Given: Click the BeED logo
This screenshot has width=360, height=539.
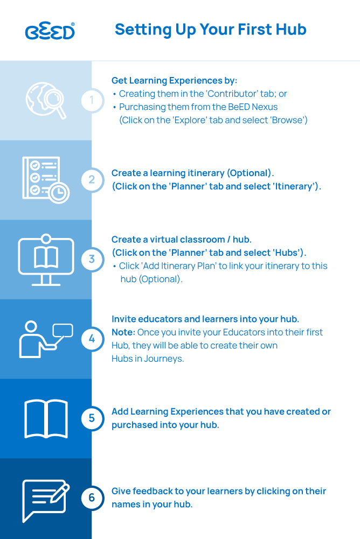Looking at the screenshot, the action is tap(50, 31).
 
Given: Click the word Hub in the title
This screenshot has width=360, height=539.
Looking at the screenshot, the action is tap(292, 30).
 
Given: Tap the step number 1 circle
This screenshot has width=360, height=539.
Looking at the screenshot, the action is tap(92, 100).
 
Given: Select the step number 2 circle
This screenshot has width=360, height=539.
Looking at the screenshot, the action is tap(92, 180).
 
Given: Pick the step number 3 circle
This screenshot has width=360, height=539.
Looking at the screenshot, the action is tap(92, 259).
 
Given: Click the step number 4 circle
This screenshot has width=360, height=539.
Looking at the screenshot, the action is tap(92, 339).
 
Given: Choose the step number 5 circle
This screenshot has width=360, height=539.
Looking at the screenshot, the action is tap(92, 418).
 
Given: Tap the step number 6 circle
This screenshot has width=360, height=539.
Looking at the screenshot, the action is tap(92, 498).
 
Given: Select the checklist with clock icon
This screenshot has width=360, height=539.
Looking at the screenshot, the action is tap(46, 180).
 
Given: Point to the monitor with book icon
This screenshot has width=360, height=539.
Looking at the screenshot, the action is tap(46, 260).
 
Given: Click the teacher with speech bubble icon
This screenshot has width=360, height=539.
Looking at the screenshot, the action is tap(46, 339).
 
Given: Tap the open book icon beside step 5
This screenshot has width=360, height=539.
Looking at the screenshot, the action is tap(46, 419).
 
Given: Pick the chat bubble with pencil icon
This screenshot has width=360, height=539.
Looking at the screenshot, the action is tap(46, 501).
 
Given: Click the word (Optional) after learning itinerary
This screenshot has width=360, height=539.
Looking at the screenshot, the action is tap(249, 173).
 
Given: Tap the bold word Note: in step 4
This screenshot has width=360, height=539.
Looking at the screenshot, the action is tap(123, 332).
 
